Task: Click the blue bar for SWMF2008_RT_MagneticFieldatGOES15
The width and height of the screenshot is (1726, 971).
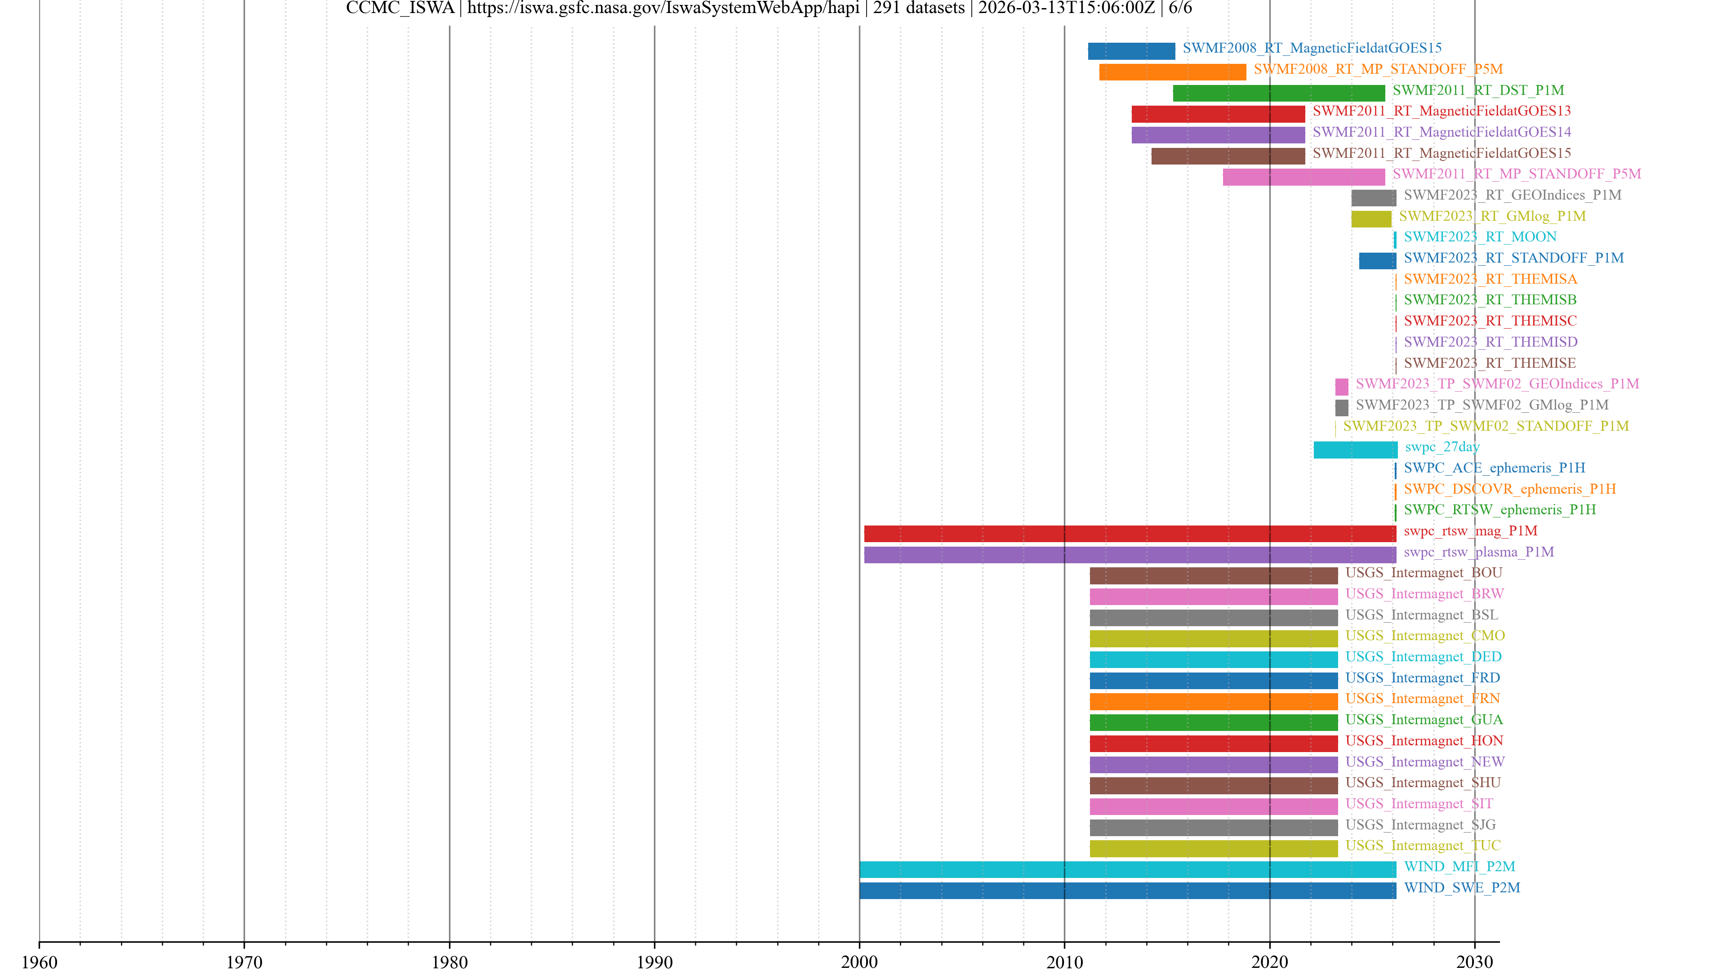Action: pos(1131,51)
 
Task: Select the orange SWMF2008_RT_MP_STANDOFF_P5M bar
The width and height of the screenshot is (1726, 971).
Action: pos(1173,72)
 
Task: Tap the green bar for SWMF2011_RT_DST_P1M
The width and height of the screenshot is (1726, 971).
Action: pos(1278,93)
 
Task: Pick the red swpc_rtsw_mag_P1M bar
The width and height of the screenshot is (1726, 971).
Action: pos(1130,534)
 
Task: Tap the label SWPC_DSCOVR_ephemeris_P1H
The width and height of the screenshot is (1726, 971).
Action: pos(1510,489)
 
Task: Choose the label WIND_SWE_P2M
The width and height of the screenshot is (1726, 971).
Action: pos(1461,887)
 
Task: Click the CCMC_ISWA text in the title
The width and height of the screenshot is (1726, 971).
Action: pos(400,8)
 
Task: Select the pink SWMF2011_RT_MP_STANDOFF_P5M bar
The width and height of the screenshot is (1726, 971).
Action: pos(1303,177)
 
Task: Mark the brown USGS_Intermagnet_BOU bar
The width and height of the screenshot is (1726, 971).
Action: pos(1214,575)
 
